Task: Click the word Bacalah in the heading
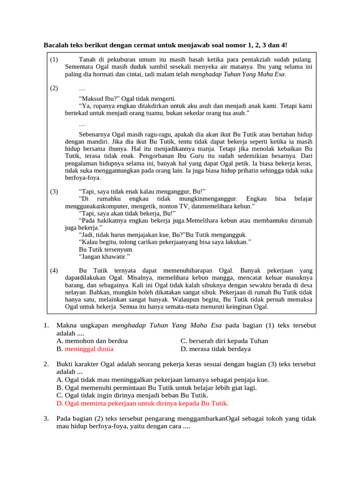56,45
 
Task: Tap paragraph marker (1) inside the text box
54,60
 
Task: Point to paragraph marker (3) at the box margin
54,191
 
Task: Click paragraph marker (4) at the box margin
54,270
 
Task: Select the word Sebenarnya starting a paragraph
96,135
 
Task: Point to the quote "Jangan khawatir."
105,257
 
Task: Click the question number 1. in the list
46,325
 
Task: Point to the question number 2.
46,364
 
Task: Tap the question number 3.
46,418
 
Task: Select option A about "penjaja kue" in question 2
163,380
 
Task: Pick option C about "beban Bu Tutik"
132,395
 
